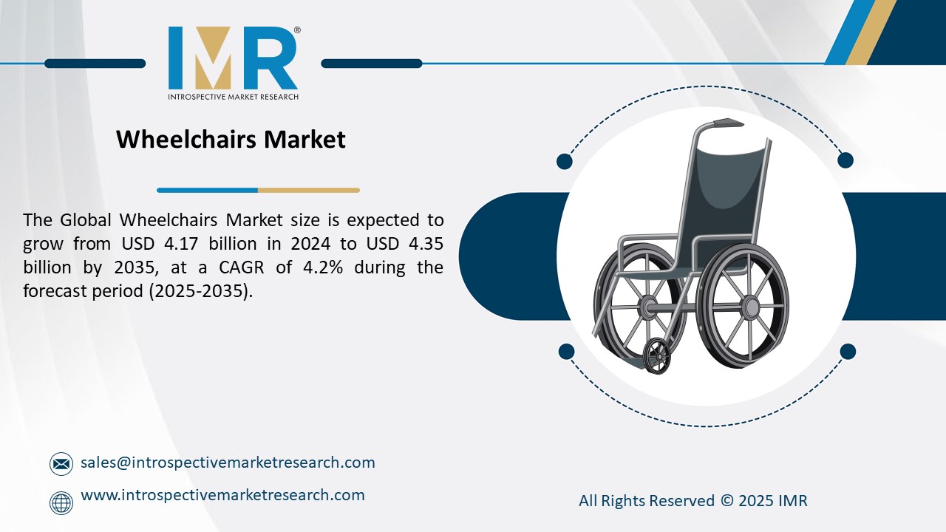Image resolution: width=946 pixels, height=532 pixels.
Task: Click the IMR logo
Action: [x=233, y=58]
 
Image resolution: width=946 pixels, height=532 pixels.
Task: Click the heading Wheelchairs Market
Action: [x=231, y=139]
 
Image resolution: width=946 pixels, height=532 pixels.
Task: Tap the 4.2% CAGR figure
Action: [x=322, y=267]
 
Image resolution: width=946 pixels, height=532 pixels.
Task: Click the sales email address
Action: [x=228, y=463]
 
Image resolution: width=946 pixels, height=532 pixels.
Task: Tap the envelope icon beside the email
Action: [x=61, y=464]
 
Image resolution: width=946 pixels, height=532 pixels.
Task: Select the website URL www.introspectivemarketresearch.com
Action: [x=222, y=495]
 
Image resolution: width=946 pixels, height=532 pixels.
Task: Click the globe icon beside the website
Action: [x=61, y=503]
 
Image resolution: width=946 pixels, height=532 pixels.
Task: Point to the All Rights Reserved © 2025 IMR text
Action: [x=693, y=501]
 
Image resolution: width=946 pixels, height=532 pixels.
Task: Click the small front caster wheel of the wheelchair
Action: [x=656, y=356]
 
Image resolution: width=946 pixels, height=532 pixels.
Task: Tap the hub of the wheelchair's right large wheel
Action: [x=749, y=306]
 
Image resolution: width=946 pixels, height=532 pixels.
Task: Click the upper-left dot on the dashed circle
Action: [x=565, y=161]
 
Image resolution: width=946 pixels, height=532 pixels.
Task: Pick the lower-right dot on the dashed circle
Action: [x=848, y=351]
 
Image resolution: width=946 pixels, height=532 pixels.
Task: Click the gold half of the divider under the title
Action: [x=308, y=190]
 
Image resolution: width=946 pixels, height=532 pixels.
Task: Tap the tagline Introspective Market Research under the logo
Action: [x=233, y=97]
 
